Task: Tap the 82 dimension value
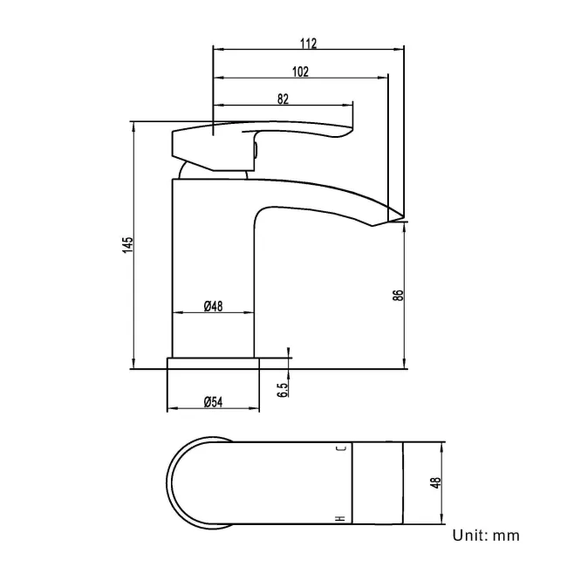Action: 283,99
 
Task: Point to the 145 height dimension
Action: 127,245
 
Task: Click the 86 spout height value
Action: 399,295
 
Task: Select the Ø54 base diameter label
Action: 214,401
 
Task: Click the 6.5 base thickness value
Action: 283,389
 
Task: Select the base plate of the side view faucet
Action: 214,363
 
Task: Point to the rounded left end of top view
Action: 174,482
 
